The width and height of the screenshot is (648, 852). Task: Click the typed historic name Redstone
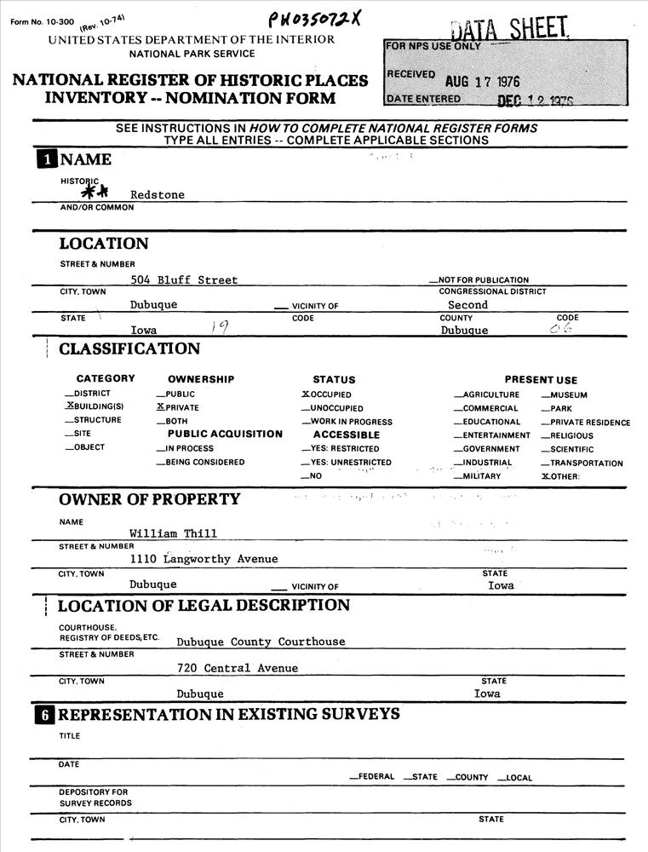158,194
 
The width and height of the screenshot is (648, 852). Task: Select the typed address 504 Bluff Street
184,279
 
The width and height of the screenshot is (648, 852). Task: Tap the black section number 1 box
46,159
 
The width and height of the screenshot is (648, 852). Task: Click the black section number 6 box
45,715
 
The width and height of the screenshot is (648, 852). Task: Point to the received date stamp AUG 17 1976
483,82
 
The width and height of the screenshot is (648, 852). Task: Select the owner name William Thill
173,533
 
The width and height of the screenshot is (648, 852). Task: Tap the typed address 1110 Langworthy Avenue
204,559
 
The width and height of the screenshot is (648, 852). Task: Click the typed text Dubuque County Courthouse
261,642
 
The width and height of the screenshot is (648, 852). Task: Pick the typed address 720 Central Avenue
238,668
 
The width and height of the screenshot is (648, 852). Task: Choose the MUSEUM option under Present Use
565,394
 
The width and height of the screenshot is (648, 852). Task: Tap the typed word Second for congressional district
467,304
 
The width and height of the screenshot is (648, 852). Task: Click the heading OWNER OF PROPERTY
150,499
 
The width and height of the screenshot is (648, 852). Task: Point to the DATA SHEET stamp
509,30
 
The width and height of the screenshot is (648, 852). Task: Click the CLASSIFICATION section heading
129,348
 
